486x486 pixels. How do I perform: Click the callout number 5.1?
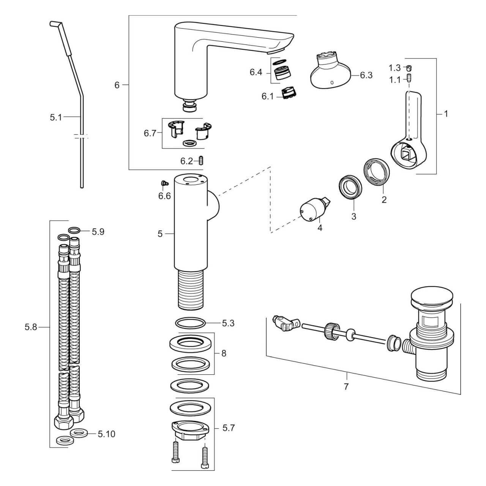[55, 118]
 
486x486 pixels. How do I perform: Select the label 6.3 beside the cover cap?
[366, 75]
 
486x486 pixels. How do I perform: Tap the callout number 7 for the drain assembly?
[346, 387]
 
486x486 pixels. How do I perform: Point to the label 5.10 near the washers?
[106, 434]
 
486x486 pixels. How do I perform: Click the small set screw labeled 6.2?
[202, 161]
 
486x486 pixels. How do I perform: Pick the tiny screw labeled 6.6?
[164, 183]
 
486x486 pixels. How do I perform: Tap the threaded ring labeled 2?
[376, 173]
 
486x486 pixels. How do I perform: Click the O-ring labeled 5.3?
[191, 323]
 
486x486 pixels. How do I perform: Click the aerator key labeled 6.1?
[289, 93]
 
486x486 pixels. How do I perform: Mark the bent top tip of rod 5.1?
[54, 24]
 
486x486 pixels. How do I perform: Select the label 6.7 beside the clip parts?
[150, 133]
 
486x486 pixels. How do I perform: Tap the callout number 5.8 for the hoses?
[31, 327]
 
